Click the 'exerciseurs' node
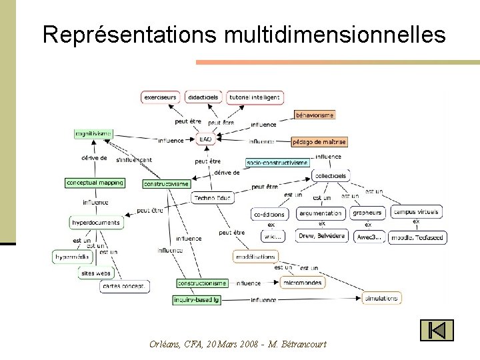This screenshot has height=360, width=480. click(x=161, y=97)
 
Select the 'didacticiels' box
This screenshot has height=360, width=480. click(x=203, y=97)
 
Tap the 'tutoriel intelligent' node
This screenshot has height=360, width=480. click(x=254, y=97)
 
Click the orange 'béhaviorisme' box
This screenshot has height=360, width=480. click(x=314, y=115)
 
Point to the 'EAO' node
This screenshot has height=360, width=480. click(x=205, y=139)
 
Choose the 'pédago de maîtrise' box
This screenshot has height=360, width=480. click(x=319, y=141)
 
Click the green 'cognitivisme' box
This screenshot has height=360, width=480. click(x=93, y=133)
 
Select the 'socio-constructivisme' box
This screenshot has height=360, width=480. click(x=277, y=162)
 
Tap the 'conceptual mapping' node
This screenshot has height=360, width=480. click(x=95, y=183)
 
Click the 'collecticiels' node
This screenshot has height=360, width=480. click(x=331, y=176)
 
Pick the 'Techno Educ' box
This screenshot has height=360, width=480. click(x=213, y=198)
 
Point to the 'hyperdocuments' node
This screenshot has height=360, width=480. click(x=96, y=223)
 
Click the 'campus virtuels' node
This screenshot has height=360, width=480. click(x=417, y=213)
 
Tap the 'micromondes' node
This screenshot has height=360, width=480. click(x=302, y=283)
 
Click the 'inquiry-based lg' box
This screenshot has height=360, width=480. click(x=197, y=300)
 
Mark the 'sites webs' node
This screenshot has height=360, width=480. click(x=96, y=273)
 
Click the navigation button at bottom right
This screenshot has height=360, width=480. click(x=437, y=330)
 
